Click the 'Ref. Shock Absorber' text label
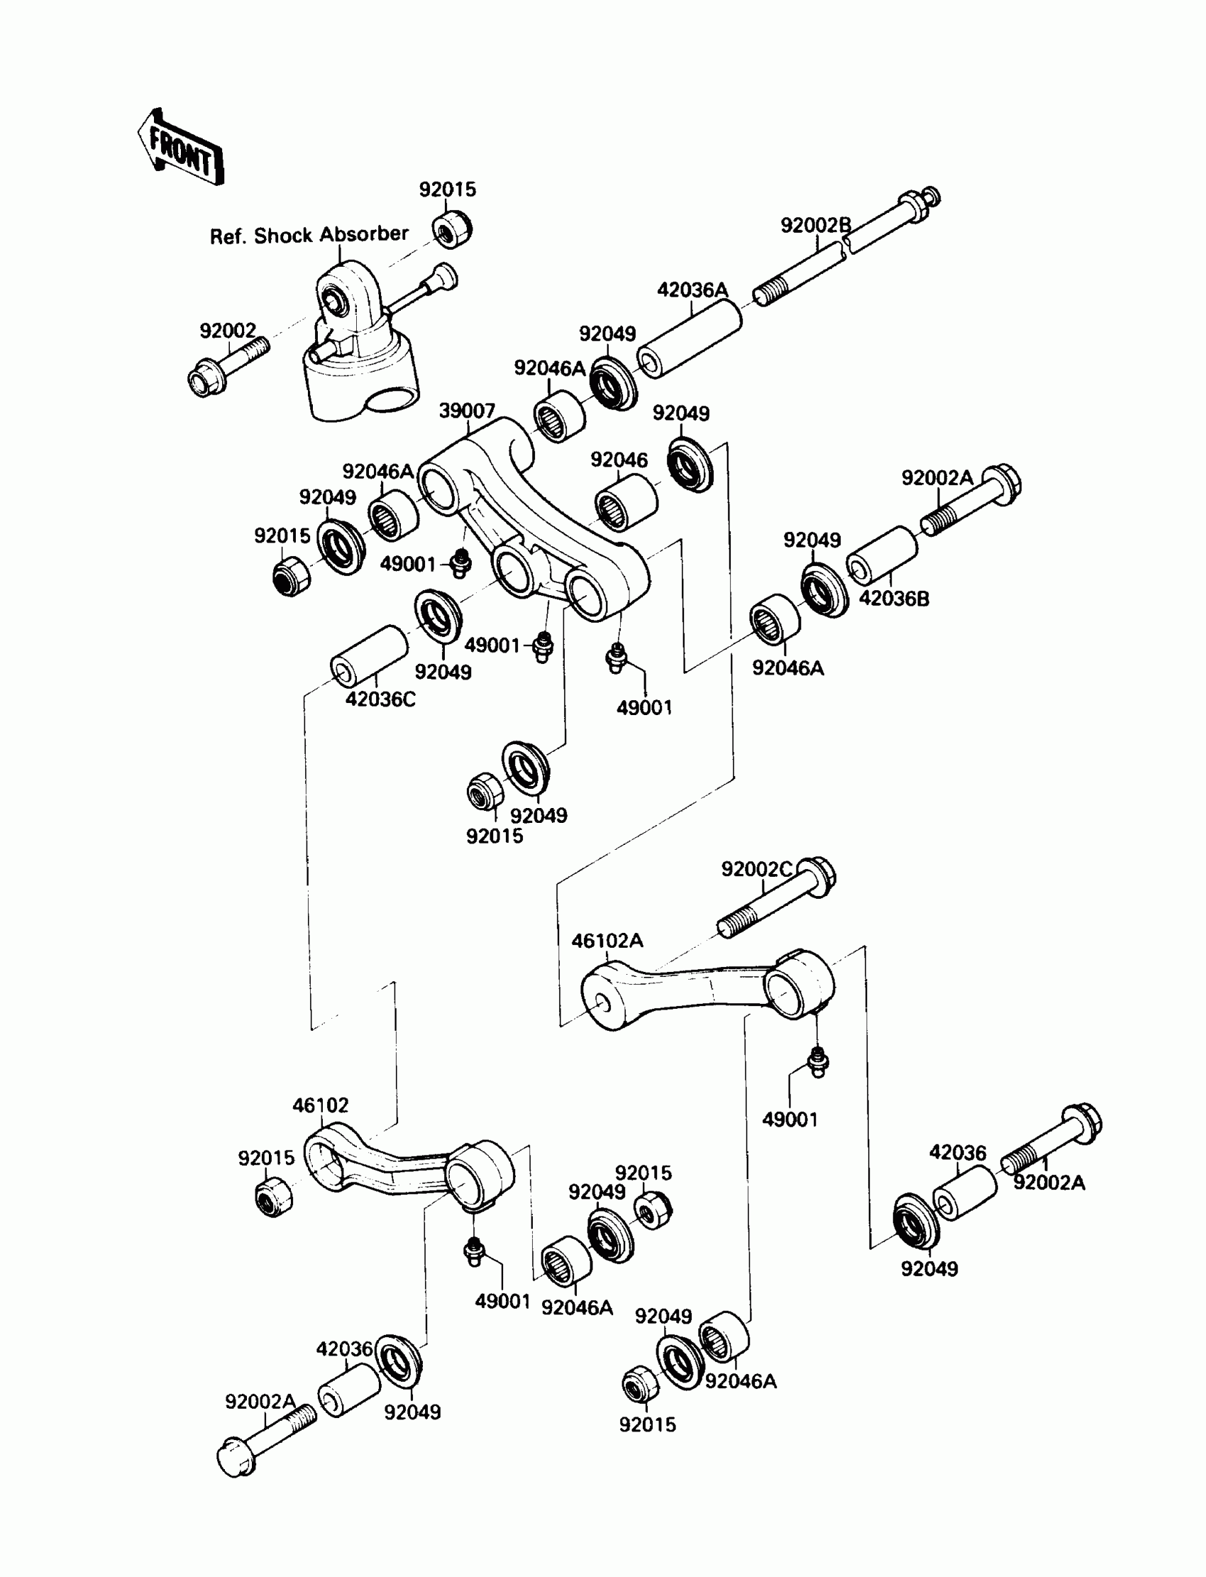(309, 235)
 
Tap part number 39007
(467, 411)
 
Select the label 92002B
(816, 226)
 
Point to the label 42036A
(692, 290)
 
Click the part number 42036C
(380, 699)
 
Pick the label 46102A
(607, 941)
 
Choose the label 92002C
(757, 869)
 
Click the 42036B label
(894, 599)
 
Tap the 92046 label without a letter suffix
(619, 460)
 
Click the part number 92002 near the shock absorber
(228, 331)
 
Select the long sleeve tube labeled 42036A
(689, 339)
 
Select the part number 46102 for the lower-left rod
(320, 1105)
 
